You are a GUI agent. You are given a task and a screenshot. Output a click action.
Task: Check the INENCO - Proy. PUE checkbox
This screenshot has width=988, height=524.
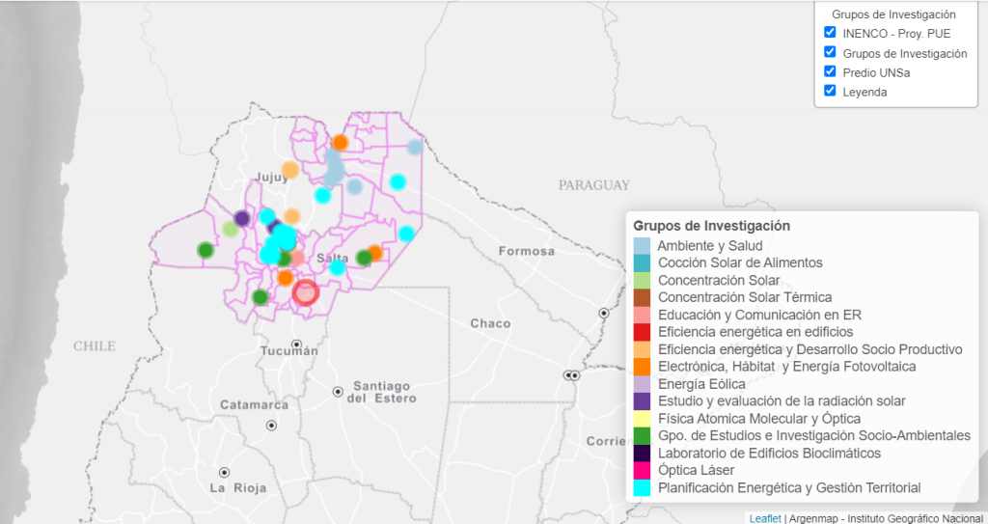click(830, 33)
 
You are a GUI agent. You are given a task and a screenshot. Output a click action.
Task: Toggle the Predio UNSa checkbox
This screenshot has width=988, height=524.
click(830, 71)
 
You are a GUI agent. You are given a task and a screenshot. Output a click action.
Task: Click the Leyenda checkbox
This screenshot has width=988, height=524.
click(830, 91)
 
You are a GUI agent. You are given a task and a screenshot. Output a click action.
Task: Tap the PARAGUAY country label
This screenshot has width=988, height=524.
click(593, 185)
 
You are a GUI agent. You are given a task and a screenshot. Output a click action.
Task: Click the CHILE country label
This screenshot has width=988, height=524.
click(95, 345)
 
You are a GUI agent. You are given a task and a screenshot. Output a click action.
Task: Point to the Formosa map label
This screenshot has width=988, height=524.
click(527, 252)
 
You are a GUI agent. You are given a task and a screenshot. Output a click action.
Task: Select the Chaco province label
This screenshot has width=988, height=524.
click(490, 323)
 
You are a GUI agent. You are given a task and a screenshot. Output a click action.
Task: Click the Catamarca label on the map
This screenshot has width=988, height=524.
click(255, 404)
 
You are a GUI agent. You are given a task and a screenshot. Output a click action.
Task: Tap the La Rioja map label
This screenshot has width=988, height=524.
click(236, 488)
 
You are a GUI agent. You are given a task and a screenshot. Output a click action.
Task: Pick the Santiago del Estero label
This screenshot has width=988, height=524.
click(383, 392)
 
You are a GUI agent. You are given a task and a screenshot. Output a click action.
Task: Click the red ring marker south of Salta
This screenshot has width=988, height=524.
click(305, 292)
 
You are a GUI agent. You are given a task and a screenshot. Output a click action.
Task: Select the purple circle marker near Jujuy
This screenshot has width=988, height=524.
click(242, 218)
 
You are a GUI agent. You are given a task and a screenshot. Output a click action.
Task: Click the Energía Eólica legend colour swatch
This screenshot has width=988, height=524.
click(642, 384)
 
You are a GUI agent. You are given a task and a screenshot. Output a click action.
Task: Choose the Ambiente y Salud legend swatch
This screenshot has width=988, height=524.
click(642, 245)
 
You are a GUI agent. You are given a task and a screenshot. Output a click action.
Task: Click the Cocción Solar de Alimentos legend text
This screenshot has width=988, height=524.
click(740, 262)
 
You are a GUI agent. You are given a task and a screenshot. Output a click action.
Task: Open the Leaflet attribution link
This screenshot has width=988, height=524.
click(765, 518)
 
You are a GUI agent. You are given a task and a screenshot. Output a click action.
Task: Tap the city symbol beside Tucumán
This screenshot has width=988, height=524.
click(298, 345)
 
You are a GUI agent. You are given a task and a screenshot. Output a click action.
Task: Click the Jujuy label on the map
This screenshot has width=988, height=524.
click(272, 177)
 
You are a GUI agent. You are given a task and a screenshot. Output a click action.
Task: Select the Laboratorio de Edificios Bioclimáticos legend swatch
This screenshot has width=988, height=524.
click(642, 453)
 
